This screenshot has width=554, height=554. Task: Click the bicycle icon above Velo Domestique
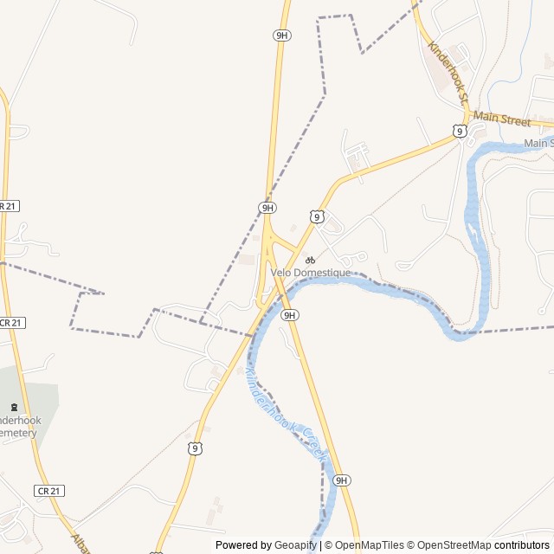(x=310, y=260)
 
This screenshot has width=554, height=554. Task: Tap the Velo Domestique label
(x=311, y=273)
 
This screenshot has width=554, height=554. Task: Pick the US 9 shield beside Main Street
(x=460, y=131)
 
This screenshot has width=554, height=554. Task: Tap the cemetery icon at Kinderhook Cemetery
(x=14, y=407)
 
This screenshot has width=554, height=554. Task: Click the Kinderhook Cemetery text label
(x=19, y=426)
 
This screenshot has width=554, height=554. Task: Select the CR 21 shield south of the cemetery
(x=49, y=491)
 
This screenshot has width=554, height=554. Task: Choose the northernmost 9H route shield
(x=281, y=35)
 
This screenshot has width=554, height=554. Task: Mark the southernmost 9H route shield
(x=341, y=480)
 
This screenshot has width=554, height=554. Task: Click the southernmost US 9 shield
(x=196, y=448)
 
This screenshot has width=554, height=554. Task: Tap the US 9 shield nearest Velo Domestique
(x=318, y=216)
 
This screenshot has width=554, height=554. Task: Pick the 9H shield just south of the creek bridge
(x=290, y=315)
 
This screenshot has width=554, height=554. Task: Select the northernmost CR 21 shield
(x=8, y=206)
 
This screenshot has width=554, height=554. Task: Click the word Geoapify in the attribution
(x=295, y=545)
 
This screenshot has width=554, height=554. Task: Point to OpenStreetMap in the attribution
(x=455, y=545)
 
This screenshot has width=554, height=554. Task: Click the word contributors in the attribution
(x=522, y=545)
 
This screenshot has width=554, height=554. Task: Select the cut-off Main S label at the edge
(x=538, y=143)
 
